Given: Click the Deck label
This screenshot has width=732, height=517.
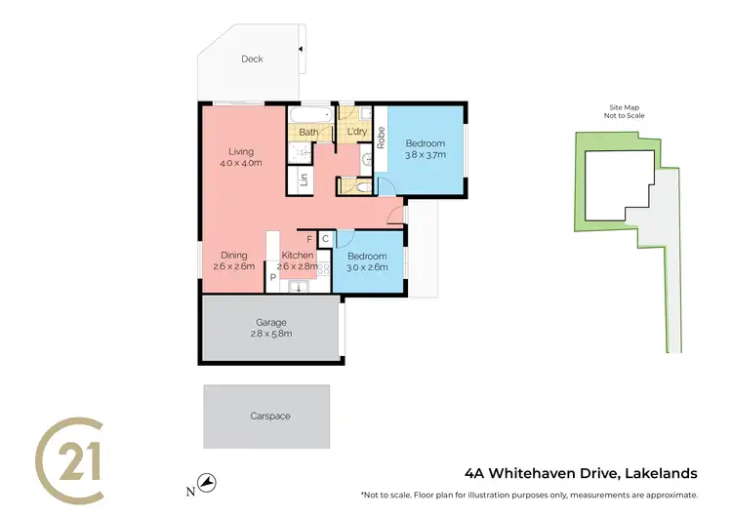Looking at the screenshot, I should click(x=255, y=59).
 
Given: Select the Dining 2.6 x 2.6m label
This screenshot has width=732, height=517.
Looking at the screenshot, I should click(x=233, y=260).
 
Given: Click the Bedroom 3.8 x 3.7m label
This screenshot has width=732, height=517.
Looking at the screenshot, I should click(x=425, y=149).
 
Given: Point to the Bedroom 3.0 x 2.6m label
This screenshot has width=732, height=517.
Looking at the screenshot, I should click(x=367, y=260).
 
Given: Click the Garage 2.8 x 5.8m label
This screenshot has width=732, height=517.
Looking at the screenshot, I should click(x=273, y=328).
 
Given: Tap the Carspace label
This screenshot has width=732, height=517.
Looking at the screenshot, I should click(x=269, y=416).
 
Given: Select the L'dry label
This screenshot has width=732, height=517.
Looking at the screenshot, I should click(x=356, y=132).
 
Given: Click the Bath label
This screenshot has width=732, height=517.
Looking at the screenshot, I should click(x=308, y=132).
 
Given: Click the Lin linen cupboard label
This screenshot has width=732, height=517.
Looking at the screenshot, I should click(x=304, y=179).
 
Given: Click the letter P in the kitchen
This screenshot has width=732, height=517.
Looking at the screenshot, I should click(x=273, y=277).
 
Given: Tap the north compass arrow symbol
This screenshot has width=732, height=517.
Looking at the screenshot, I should click(x=207, y=482).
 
